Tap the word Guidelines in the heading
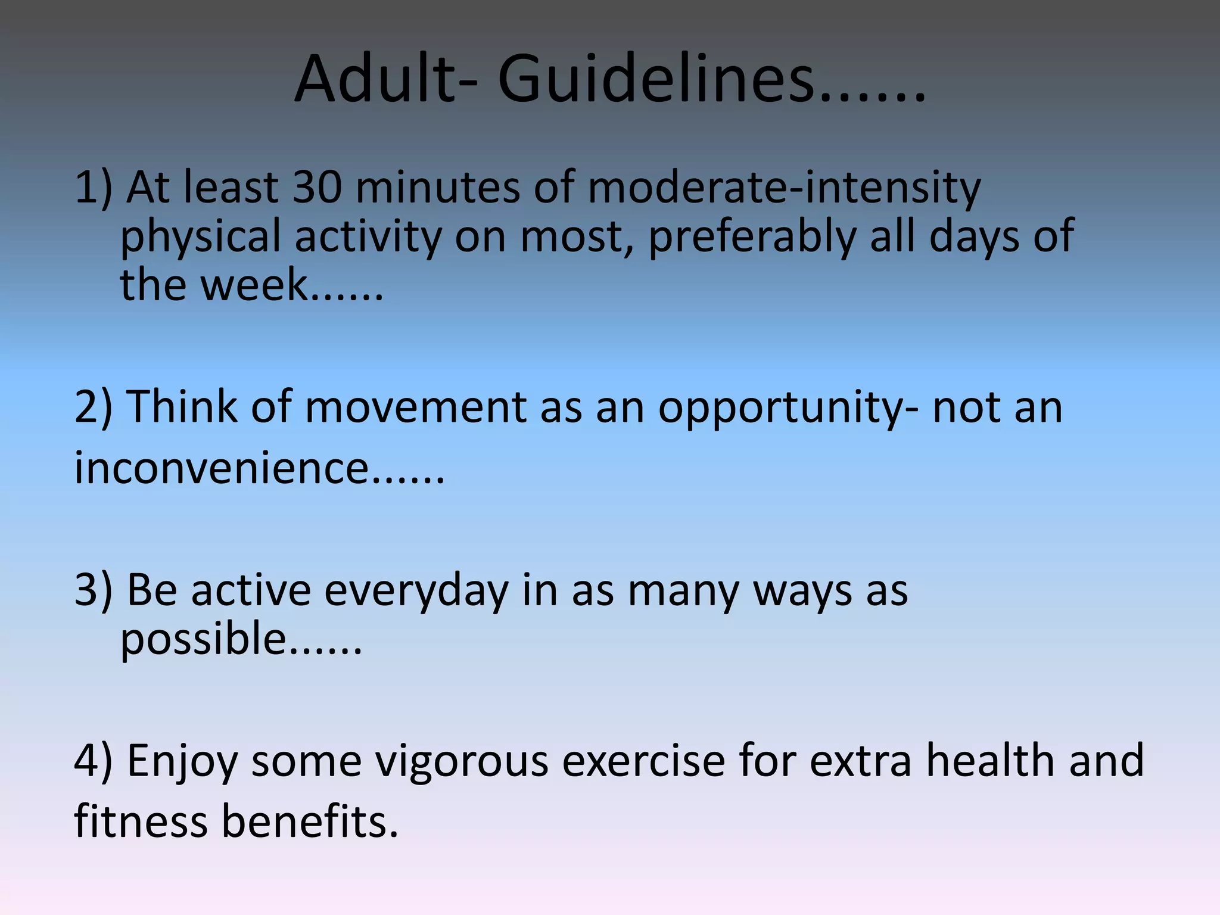pyautogui.click(x=655, y=79)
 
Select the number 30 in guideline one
pyautogui.click(x=317, y=187)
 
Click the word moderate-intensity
pyautogui.click(x=784, y=188)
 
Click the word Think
pyautogui.click(x=182, y=407)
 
